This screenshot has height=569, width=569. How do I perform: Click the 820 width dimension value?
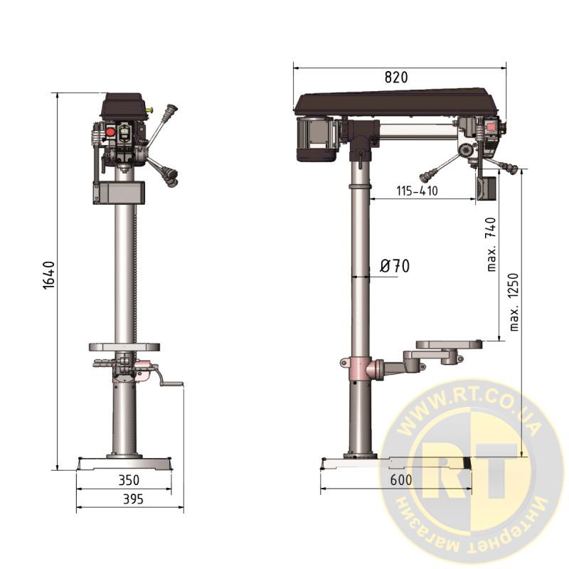pos(396,78)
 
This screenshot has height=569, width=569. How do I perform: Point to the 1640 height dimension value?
pos(48,275)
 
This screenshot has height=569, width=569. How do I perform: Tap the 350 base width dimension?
pos(129,480)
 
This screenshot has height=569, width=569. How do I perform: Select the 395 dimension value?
pos(133,499)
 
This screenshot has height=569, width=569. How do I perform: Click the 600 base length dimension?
pos(401,480)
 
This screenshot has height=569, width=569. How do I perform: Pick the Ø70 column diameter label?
pos(395,266)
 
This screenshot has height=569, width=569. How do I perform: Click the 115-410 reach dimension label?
pos(417,191)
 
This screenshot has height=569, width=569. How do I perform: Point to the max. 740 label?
pos(491,244)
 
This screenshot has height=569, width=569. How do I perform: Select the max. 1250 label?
pos(514,302)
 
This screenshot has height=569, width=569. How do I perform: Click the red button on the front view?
pos(110,132)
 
